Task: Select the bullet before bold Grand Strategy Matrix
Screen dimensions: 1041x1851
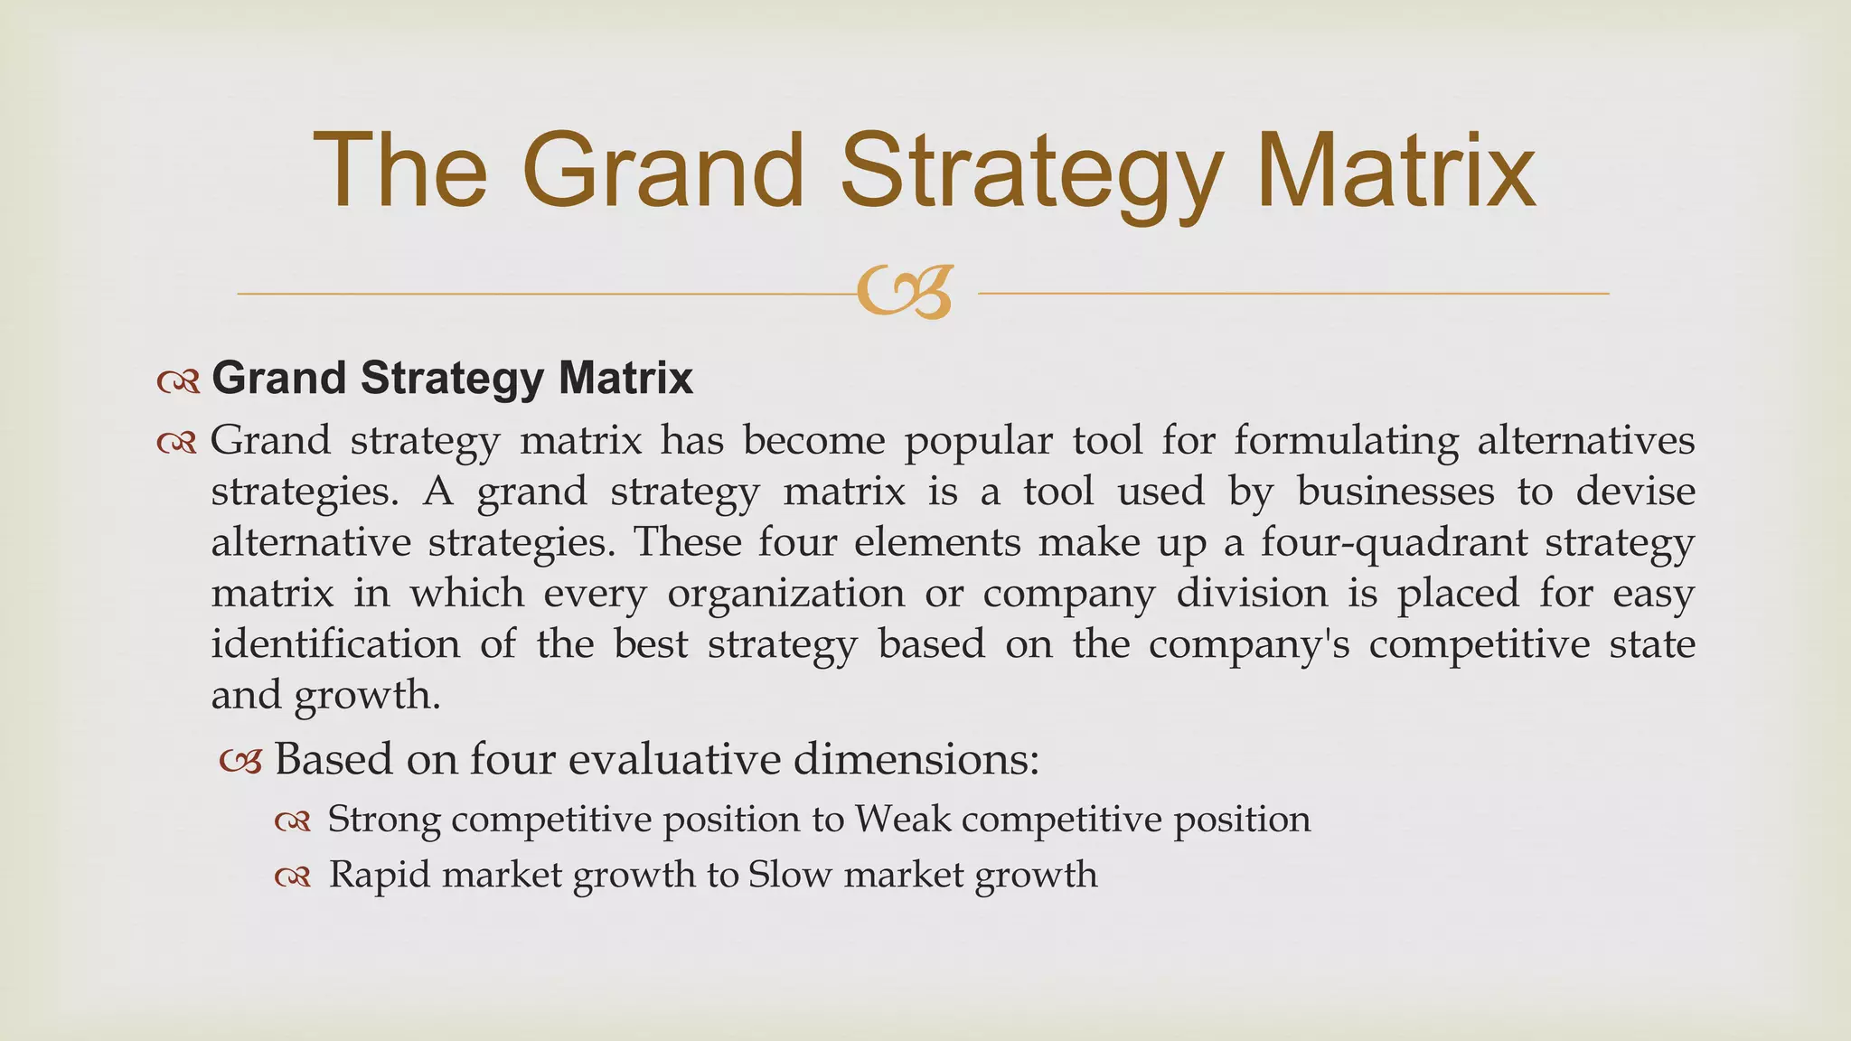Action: (x=177, y=383)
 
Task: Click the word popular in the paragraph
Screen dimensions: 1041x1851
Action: (x=978, y=441)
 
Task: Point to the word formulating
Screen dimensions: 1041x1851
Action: (x=1346, y=441)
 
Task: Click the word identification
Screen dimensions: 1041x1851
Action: (x=335, y=644)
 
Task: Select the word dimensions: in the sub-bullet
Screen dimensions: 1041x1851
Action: (x=916, y=759)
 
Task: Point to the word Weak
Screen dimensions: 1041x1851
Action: (x=903, y=820)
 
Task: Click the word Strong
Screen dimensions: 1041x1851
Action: (x=384, y=820)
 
